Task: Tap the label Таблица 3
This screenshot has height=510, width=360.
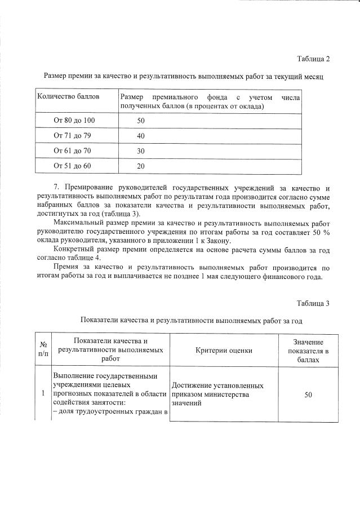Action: point(313,304)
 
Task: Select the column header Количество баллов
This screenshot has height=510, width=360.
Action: point(68,96)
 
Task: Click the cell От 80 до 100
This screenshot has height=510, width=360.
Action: point(74,121)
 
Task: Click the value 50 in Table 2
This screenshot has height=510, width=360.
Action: point(141,121)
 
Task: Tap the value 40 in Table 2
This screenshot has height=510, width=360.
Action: point(141,136)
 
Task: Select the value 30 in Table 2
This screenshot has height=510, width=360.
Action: point(141,151)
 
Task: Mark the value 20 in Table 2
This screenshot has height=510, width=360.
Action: point(141,166)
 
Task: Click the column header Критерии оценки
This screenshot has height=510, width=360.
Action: point(224,350)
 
